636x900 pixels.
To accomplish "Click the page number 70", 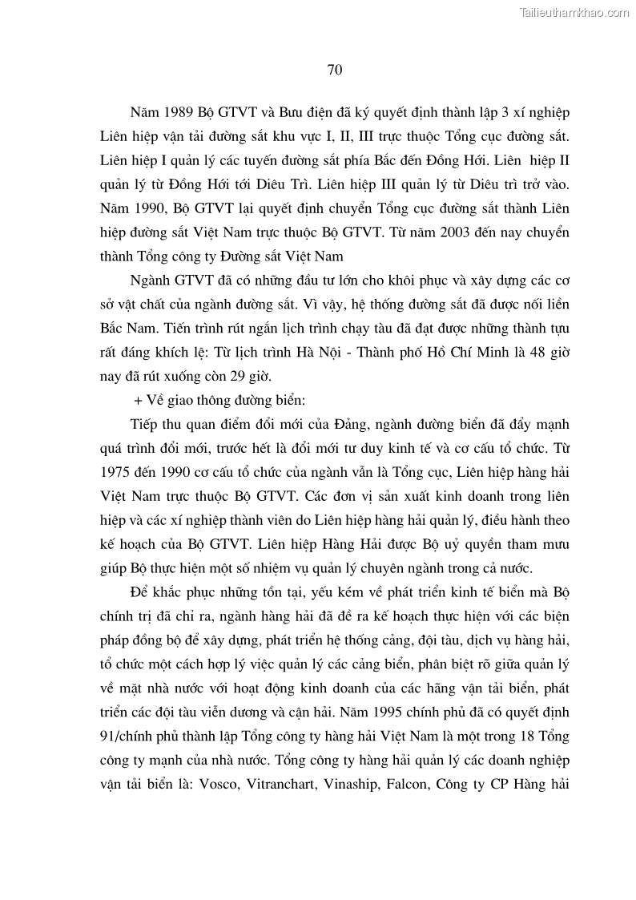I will [335, 70].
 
